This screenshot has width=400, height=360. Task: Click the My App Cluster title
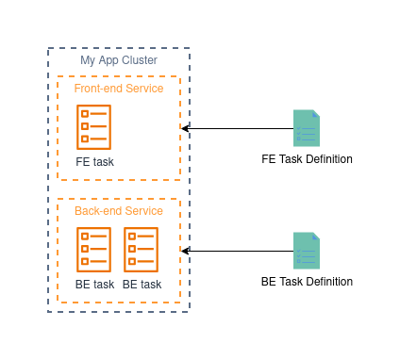(119, 60)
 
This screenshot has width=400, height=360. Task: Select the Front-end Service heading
(119, 89)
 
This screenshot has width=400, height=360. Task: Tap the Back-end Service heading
(119, 211)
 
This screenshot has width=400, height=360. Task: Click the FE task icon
(94, 127)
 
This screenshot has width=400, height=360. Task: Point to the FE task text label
(94, 162)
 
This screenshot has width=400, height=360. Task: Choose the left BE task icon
(94, 250)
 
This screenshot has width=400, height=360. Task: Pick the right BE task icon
(142, 250)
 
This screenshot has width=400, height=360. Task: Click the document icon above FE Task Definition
(307, 128)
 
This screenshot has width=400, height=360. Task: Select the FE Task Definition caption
(307, 159)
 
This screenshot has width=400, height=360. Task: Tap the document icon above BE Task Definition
(307, 251)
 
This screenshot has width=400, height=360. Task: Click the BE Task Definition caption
(307, 282)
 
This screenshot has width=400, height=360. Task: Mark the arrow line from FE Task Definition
(238, 128)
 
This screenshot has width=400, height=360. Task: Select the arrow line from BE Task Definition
(238, 251)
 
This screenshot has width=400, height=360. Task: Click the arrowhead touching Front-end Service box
(185, 128)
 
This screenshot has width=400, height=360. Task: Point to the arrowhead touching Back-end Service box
(185, 251)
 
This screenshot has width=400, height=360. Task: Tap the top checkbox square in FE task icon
(85, 114)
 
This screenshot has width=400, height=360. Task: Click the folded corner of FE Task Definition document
(316, 113)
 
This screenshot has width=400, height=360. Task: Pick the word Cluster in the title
(140, 60)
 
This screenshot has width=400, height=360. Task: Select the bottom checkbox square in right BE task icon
(132, 261)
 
